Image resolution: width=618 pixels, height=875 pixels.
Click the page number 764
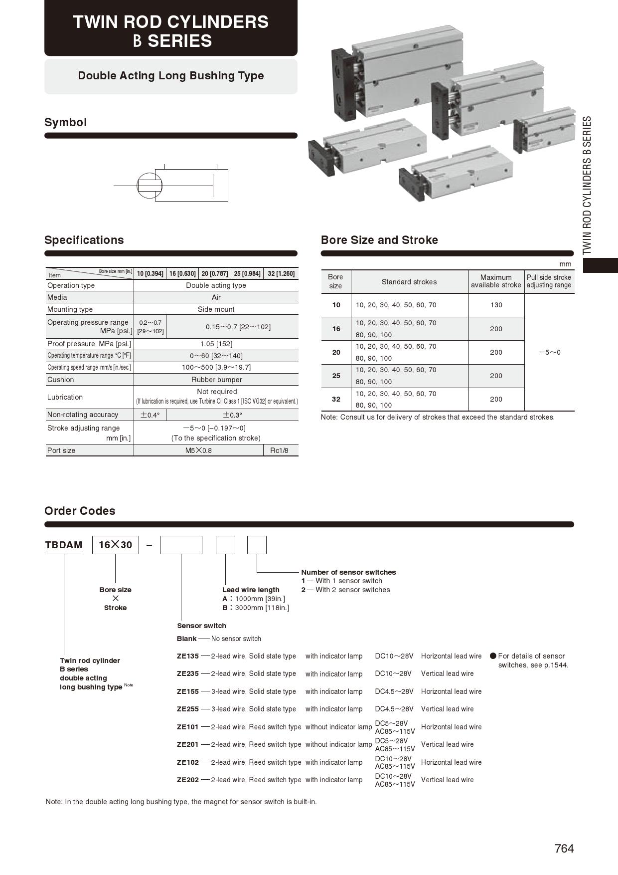tap(564, 848)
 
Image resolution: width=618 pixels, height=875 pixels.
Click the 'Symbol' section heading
tap(65, 123)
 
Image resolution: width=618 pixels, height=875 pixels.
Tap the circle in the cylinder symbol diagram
tap(150, 185)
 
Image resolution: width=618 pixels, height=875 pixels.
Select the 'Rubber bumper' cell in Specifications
tap(216, 380)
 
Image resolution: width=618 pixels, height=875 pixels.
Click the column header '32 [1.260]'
tap(281, 273)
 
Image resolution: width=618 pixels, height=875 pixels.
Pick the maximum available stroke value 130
tap(496, 305)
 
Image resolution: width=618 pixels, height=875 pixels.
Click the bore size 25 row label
tap(336, 376)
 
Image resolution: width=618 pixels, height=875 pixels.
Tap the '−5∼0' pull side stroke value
tap(549, 352)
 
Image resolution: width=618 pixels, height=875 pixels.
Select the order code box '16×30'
tap(116, 545)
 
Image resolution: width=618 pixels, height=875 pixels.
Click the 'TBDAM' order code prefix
tap(64, 545)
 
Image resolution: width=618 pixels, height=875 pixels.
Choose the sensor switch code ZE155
tap(188, 691)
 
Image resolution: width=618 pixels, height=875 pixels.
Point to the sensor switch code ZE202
tap(188, 780)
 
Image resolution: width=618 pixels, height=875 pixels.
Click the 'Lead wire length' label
tap(251, 590)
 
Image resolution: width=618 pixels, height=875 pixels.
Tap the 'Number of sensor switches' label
tap(348, 572)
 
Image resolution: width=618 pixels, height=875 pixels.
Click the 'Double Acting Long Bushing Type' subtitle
tap(171, 76)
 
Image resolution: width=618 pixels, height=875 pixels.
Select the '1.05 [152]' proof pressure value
tap(216, 344)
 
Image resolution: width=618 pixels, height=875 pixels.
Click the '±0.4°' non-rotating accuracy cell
tap(150, 415)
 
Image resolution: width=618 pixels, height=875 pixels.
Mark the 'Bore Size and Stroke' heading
tap(379, 240)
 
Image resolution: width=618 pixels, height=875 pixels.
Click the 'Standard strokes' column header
tap(409, 282)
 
